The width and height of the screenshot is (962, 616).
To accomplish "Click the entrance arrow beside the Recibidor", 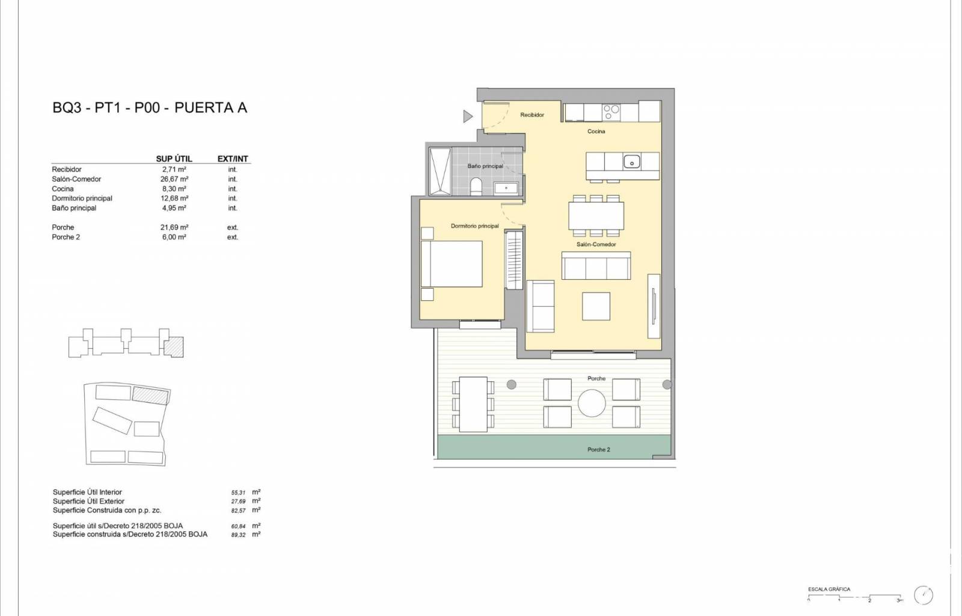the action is click(468, 116).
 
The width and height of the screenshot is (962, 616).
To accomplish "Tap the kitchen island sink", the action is click(632, 162).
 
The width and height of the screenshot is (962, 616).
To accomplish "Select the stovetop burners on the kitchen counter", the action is click(611, 112).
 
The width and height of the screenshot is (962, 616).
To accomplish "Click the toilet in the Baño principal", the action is click(476, 187).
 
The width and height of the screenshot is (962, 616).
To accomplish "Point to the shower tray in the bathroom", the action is click(440, 171).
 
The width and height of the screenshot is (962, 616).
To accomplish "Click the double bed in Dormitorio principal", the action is click(452, 263).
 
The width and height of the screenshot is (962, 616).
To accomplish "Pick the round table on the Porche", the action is click(592, 403).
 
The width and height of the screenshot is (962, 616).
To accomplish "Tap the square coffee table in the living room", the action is click(596, 306).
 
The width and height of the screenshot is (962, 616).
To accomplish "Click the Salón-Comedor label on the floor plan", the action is click(596, 244).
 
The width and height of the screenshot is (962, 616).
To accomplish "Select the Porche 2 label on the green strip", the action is click(599, 450).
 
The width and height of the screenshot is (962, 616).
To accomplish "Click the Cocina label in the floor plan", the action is click(596, 132).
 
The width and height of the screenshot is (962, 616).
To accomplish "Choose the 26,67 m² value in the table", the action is click(174, 179).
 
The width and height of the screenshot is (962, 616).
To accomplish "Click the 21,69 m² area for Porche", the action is click(174, 227).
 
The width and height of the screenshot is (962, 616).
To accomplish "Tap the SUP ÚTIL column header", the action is click(174, 159).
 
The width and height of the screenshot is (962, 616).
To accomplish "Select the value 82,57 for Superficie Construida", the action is click(238, 510).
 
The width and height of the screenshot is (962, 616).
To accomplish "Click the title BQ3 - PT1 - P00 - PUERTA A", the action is click(150, 108).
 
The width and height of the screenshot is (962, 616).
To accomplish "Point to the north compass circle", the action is click(924, 596).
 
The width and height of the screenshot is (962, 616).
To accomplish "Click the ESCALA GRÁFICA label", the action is click(829, 590).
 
